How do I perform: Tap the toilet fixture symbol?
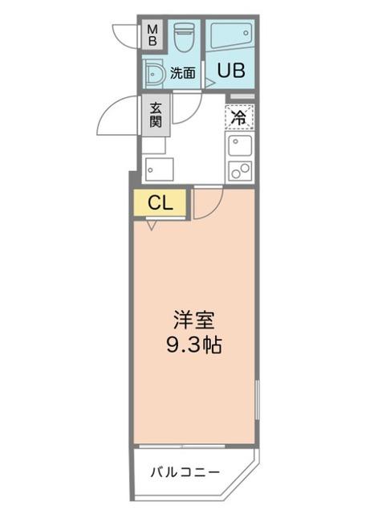pos(185,36)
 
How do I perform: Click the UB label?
pos(229,70)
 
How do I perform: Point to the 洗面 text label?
pos(182,73)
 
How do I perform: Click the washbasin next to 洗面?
pos(153,73)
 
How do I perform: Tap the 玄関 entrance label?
pos(155,113)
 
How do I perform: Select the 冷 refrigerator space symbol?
pos(239,116)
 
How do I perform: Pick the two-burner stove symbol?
pos(239,169)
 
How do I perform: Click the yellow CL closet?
pos(160,202)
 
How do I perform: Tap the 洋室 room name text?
pos(195,319)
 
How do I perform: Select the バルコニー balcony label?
pos(185,471)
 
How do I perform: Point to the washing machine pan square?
pos(159,170)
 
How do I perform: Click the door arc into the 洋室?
pos(204,205)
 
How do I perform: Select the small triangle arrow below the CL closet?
pos(151,225)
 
